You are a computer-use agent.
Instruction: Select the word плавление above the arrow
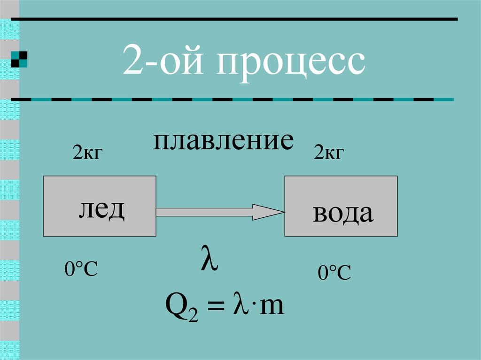[224, 141]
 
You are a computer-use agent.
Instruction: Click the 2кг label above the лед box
[87, 153]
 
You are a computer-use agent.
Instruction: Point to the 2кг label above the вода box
[329, 153]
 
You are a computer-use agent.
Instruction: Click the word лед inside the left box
[101, 209]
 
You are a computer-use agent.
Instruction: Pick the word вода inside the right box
[343, 214]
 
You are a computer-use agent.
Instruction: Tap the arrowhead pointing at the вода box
[268, 212]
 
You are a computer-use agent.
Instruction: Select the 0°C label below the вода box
[334, 273]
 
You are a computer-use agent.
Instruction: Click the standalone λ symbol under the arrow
[209, 261]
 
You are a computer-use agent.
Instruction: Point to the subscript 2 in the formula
[186, 315]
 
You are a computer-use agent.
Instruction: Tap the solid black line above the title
[235, 19]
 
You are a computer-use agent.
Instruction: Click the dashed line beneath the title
[235, 100]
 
